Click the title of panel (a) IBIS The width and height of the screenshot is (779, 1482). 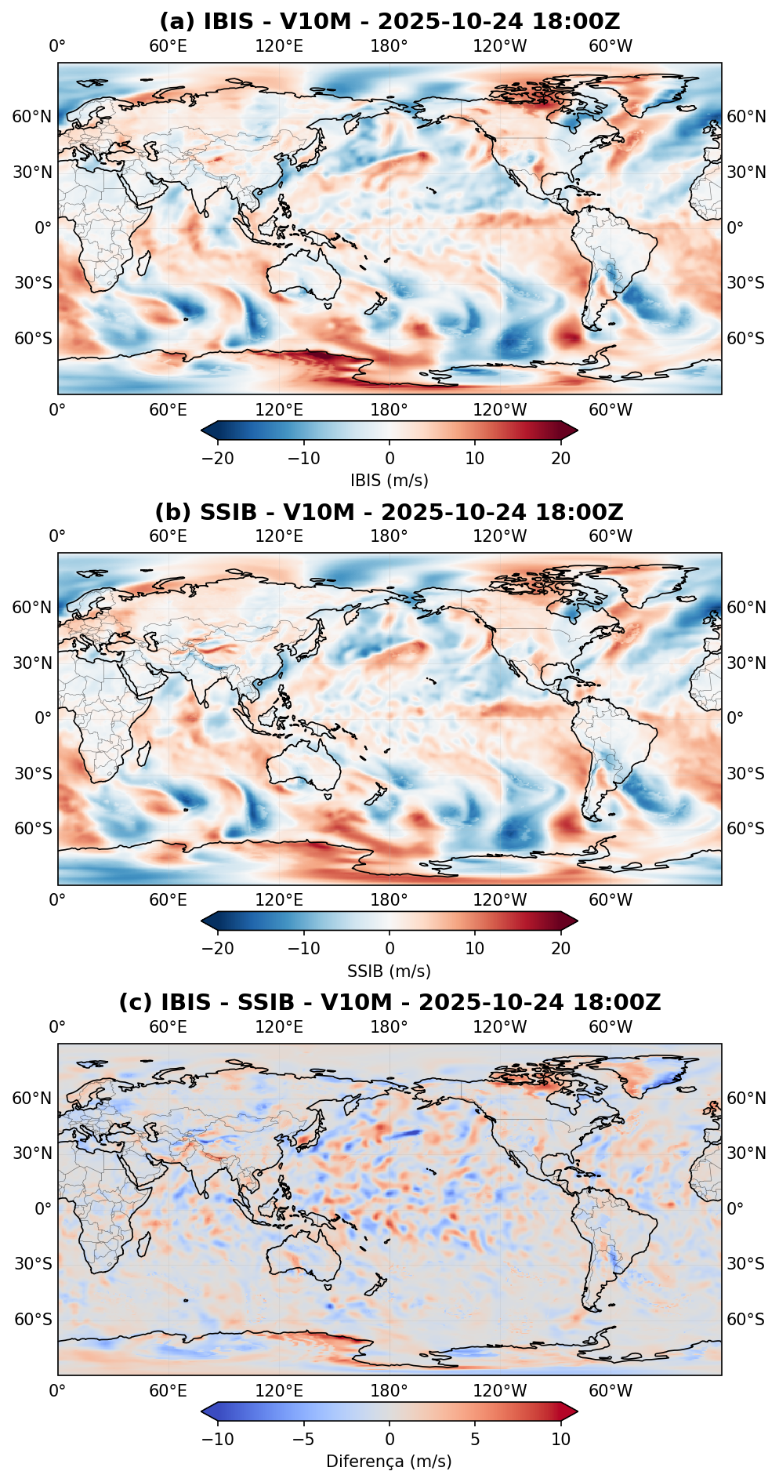[x=389, y=21]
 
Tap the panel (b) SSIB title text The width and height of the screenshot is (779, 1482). [x=389, y=512]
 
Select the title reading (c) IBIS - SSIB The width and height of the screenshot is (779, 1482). [x=389, y=1002]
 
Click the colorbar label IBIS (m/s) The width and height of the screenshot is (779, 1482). [x=389, y=480]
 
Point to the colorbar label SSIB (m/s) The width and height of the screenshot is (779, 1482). [x=389, y=971]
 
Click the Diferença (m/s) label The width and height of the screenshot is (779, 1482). [x=389, y=1461]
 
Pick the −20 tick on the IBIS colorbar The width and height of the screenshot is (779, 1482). [x=218, y=459]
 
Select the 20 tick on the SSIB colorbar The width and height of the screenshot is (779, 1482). [x=561, y=949]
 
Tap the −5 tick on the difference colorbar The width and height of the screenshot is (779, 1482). [x=303, y=1440]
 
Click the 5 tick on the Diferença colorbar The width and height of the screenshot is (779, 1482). [x=475, y=1440]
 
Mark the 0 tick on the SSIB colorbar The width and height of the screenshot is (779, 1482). [x=389, y=949]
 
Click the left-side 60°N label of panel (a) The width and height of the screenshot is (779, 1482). [x=32, y=117]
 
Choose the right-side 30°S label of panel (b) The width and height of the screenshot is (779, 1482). [x=746, y=774]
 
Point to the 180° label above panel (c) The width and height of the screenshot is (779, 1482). [x=389, y=1026]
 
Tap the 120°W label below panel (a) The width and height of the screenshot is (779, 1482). [x=500, y=409]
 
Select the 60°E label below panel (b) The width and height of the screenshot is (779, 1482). [x=168, y=899]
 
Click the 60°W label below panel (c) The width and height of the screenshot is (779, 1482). [x=611, y=1390]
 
